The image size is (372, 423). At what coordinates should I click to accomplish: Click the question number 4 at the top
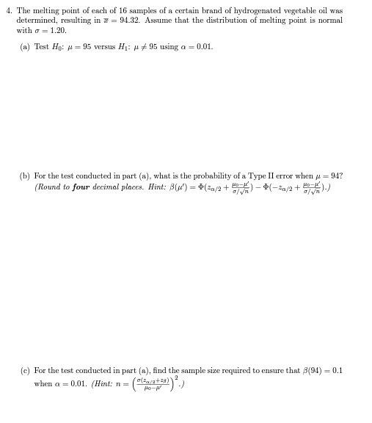point(8,11)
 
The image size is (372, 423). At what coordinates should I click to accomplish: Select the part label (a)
point(26,47)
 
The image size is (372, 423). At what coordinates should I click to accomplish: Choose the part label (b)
point(26,176)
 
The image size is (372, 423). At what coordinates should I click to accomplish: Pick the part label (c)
point(26,371)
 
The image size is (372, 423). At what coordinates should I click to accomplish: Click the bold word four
point(81,187)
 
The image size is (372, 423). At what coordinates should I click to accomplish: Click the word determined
point(37,21)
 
